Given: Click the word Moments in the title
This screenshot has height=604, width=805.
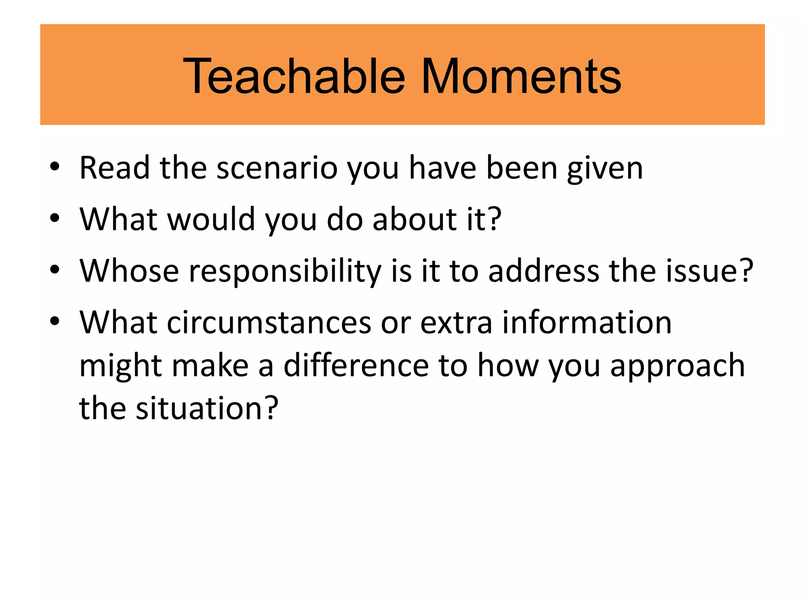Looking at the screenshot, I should pos(521,76).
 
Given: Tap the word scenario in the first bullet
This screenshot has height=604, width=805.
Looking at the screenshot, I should pos(277,168).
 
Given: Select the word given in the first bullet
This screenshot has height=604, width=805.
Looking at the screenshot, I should pos(605,168).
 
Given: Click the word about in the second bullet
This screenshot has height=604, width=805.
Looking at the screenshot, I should pos(415,219).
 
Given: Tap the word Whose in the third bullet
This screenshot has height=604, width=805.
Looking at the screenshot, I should pos(129,271).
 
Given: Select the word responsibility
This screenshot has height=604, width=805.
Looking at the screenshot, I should pos(285,271).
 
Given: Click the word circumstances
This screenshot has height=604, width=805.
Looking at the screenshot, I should pos(269,323).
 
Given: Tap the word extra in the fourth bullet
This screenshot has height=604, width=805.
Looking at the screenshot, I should pos(456,323).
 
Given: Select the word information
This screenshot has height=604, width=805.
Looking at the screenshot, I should pos(587,323).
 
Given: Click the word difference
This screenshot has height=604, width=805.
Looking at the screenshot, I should pos(356,366).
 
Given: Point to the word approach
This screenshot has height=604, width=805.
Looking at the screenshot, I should pos(678,366).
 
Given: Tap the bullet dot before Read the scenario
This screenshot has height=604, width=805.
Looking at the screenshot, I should pos(55,167).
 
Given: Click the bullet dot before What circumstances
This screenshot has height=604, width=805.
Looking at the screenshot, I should pos(55,321).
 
